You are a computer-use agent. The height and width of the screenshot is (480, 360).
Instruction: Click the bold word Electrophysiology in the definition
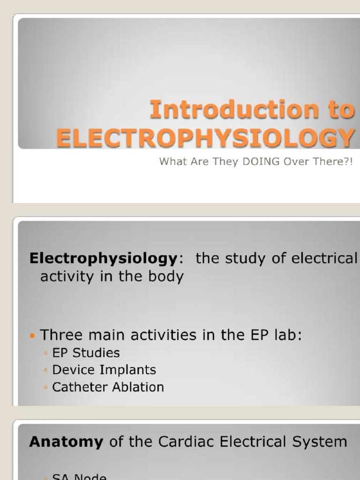[x=104, y=259]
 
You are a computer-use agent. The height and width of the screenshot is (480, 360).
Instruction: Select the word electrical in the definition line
[x=324, y=259]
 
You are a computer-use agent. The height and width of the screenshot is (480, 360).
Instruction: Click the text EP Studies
[x=86, y=352]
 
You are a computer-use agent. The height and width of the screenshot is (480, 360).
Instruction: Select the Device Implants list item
[x=104, y=370]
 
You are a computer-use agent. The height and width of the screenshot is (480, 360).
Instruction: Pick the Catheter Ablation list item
[x=108, y=387]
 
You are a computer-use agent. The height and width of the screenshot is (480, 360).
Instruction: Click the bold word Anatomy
[x=66, y=442]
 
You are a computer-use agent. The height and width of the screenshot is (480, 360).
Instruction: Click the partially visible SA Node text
[x=79, y=477]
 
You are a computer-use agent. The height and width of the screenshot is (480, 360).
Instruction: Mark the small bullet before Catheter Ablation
[x=45, y=388]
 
